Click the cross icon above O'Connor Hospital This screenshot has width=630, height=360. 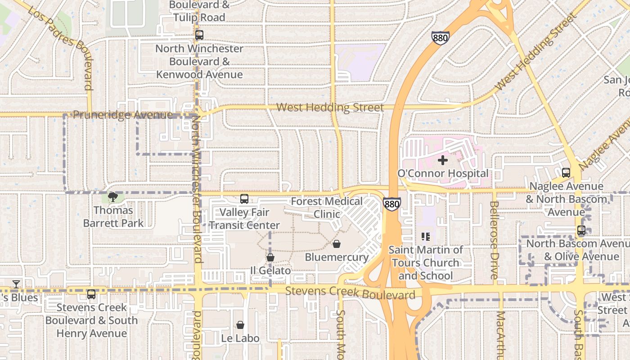point(443,160)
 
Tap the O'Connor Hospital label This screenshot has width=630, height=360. point(443,173)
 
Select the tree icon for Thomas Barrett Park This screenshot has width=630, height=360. point(113,197)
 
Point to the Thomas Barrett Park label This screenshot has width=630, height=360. point(113,216)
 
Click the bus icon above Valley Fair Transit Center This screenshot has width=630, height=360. point(244,198)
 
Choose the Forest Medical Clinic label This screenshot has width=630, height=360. point(327,207)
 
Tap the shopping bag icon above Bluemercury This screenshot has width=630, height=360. point(336,244)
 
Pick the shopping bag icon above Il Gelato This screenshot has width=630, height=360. point(270,257)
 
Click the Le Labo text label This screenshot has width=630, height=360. point(240,338)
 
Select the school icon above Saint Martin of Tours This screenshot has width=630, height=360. point(426,236)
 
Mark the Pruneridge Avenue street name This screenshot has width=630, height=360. point(122,115)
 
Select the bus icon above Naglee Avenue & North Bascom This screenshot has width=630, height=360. point(566,172)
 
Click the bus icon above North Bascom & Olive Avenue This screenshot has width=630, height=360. point(581,230)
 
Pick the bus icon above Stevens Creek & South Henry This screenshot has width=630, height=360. point(91,294)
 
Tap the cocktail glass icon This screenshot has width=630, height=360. point(16,284)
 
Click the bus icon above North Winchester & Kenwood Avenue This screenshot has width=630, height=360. point(199,35)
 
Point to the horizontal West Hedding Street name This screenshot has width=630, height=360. point(330,108)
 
